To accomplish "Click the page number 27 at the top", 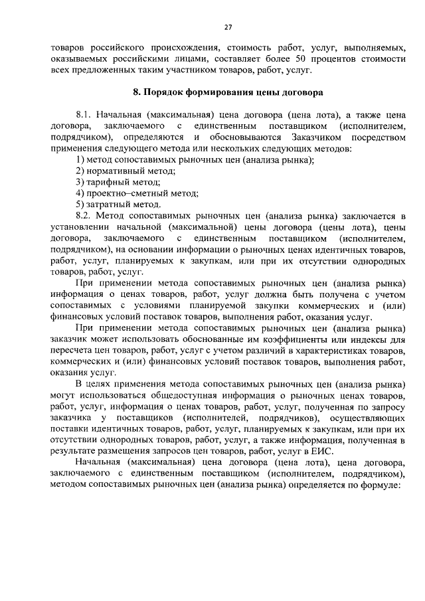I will click(x=228, y=27).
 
